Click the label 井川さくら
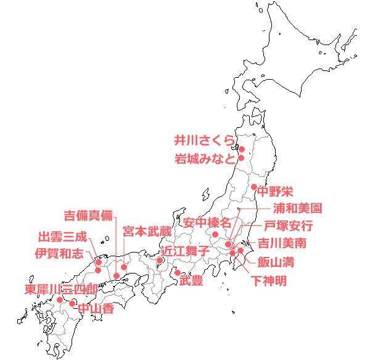pos(204,140)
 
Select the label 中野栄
pos(274,190)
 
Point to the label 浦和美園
pos(297,209)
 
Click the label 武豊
pos(191,282)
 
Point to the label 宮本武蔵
pos(146,231)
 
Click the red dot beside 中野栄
pos(253,187)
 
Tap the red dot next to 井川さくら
pos(242,149)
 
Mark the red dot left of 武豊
pos(177,272)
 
